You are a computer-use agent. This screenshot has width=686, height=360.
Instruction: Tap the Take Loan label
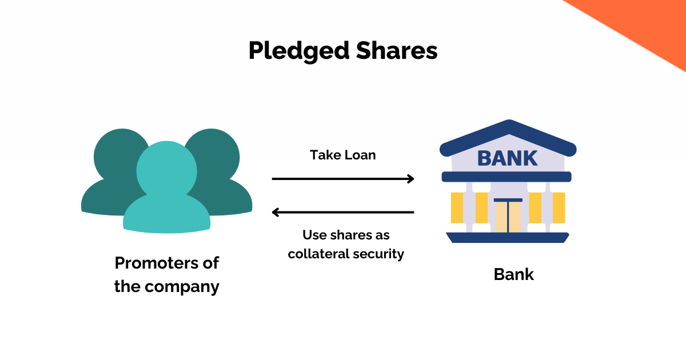(x=342, y=155)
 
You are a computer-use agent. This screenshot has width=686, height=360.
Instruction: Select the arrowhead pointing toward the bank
(x=409, y=179)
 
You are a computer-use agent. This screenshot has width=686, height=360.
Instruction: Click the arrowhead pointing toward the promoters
(x=277, y=213)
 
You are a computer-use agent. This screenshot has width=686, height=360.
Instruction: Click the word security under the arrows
(x=381, y=254)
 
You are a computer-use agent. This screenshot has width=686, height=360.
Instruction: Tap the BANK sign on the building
(x=507, y=158)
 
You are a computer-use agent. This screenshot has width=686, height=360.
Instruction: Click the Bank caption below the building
(x=513, y=274)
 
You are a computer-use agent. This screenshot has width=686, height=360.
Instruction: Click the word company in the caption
(x=182, y=286)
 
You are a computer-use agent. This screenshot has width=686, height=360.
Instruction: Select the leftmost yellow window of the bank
(x=457, y=207)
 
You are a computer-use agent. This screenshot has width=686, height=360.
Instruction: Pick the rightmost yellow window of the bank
(x=559, y=207)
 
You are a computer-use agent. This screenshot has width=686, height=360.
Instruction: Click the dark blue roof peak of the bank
(x=508, y=127)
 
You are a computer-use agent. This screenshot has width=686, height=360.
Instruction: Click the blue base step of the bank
(x=508, y=237)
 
